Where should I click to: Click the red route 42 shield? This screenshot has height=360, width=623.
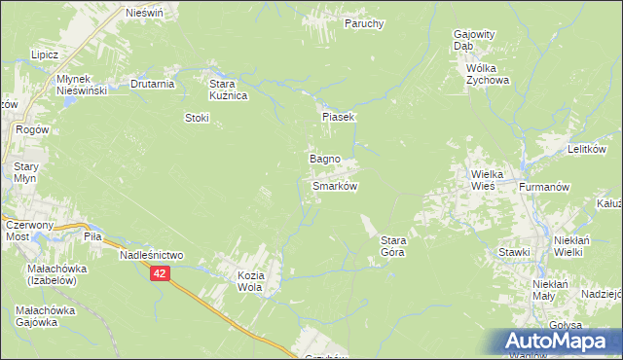161,275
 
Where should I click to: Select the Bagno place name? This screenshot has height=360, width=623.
324,158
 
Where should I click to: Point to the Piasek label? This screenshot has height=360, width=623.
340,117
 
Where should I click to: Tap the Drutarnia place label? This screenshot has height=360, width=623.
152,84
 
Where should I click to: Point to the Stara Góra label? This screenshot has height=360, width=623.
392,245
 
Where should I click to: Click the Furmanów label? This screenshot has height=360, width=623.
542,185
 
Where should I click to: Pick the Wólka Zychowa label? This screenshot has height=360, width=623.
487,75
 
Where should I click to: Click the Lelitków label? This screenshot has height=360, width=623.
587,149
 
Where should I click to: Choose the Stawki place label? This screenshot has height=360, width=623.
514,252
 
